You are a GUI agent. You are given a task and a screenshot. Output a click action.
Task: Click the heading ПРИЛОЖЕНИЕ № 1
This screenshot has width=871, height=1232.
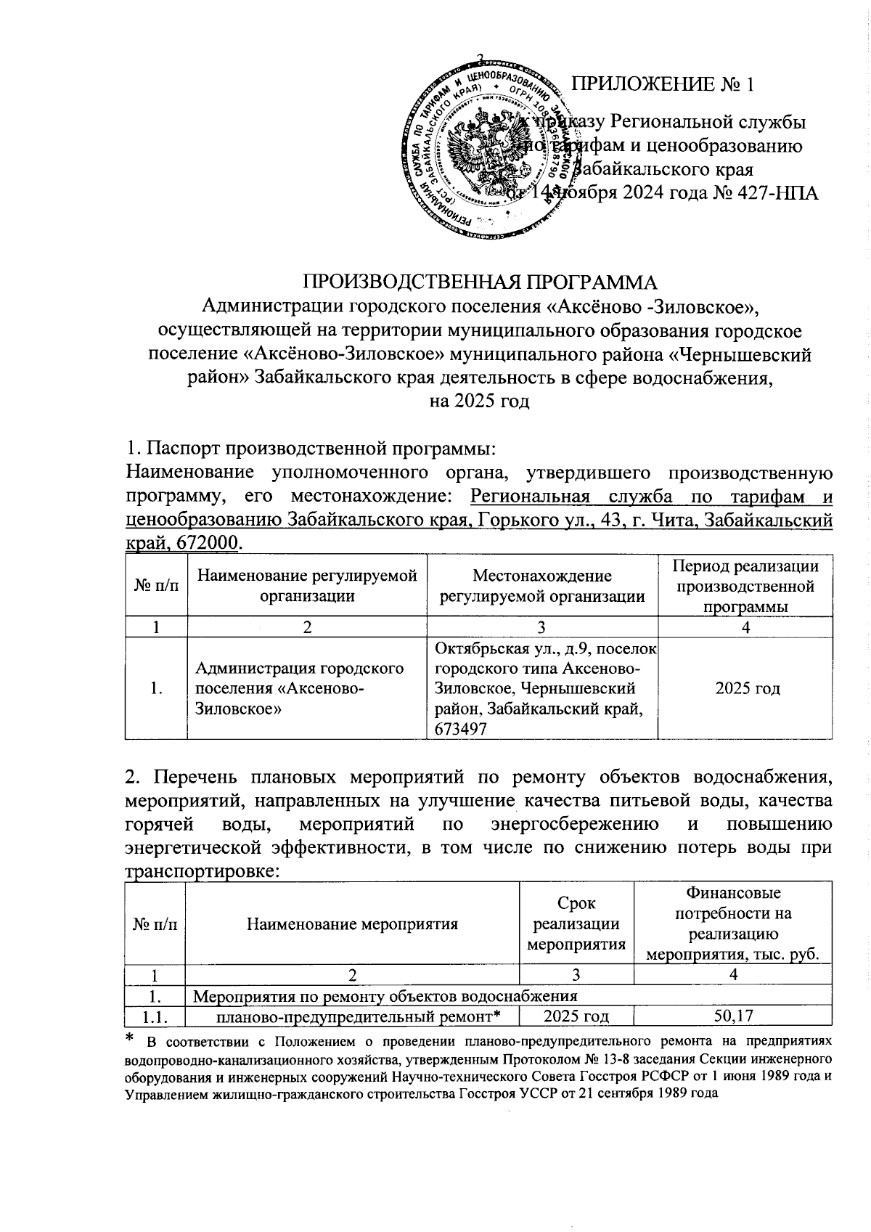[x=663, y=83]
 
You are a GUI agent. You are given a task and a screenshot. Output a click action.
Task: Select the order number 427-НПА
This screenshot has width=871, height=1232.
[x=780, y=193]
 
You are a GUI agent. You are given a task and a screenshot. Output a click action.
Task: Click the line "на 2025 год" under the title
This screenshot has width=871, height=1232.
[x=479, y=401]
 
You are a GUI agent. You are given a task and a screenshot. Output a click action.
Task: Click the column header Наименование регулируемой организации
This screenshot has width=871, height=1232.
[x=307, y=586]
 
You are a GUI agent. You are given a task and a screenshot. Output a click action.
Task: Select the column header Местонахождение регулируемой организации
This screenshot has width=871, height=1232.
[x=542, y=586]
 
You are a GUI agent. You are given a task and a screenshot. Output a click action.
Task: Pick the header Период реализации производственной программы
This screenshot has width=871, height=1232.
[x=745, y=586]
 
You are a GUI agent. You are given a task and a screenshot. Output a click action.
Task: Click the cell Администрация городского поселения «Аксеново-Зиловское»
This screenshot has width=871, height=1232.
[x=299, y=688]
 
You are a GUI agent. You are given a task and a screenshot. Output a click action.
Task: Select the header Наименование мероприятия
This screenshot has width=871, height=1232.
[x=353, y=924]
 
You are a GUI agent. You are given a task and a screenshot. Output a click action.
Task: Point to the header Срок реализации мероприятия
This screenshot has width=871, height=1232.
[x=576, y=923]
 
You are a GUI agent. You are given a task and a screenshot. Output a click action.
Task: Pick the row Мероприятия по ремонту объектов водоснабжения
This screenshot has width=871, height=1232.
[x=386, y=995]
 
